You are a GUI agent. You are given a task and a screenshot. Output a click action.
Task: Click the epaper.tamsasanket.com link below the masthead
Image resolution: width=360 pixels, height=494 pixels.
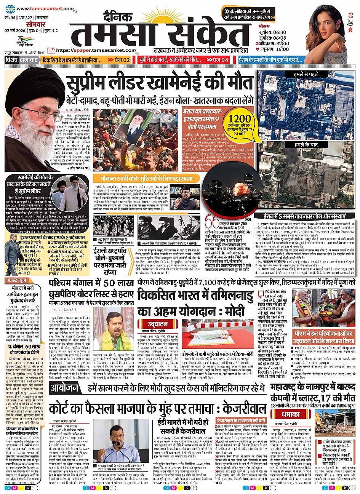(x=95, y=50)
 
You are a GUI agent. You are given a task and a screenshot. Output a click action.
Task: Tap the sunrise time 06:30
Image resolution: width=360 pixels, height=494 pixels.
(x=279, y=32)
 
